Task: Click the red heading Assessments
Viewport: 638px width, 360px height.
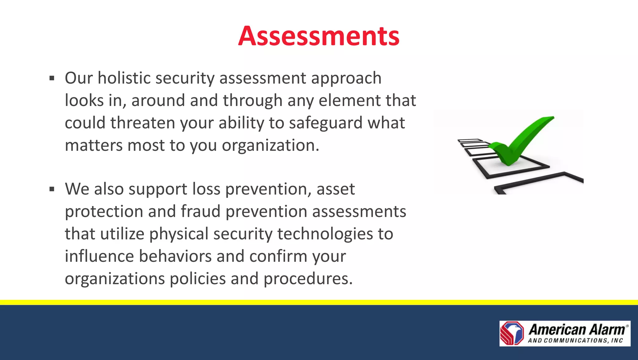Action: [319, 36]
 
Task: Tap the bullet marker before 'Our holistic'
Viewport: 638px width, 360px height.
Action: [52, 78]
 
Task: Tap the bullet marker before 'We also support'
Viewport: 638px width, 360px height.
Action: [52, 189]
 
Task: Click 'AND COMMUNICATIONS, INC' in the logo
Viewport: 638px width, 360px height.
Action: [575, 341]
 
